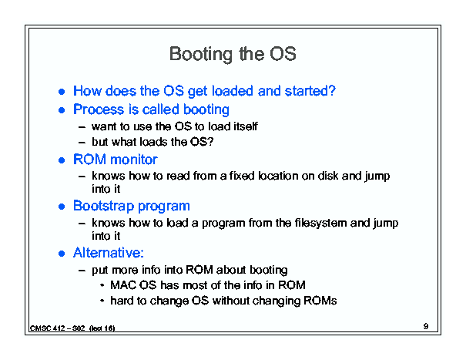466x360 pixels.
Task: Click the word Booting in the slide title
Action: click(x=201, y=55)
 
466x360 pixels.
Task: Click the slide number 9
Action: click(x=426, y=326)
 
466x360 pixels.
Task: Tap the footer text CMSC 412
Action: click(x=47, y=328)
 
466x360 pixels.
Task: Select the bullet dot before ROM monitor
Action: click(x=62, y=160)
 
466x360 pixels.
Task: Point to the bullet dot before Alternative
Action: click(x=62, y=254)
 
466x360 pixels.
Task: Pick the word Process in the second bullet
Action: click(x=99, y=109)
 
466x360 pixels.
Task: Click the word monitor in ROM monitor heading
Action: click(x=134, y=160)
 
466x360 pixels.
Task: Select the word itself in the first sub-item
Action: click(x=246, y=126)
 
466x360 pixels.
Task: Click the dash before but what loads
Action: click(x=82, y=143)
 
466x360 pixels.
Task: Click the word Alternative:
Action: click(x=109, y=253)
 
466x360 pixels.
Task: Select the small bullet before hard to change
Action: click(x=102, y=301)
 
